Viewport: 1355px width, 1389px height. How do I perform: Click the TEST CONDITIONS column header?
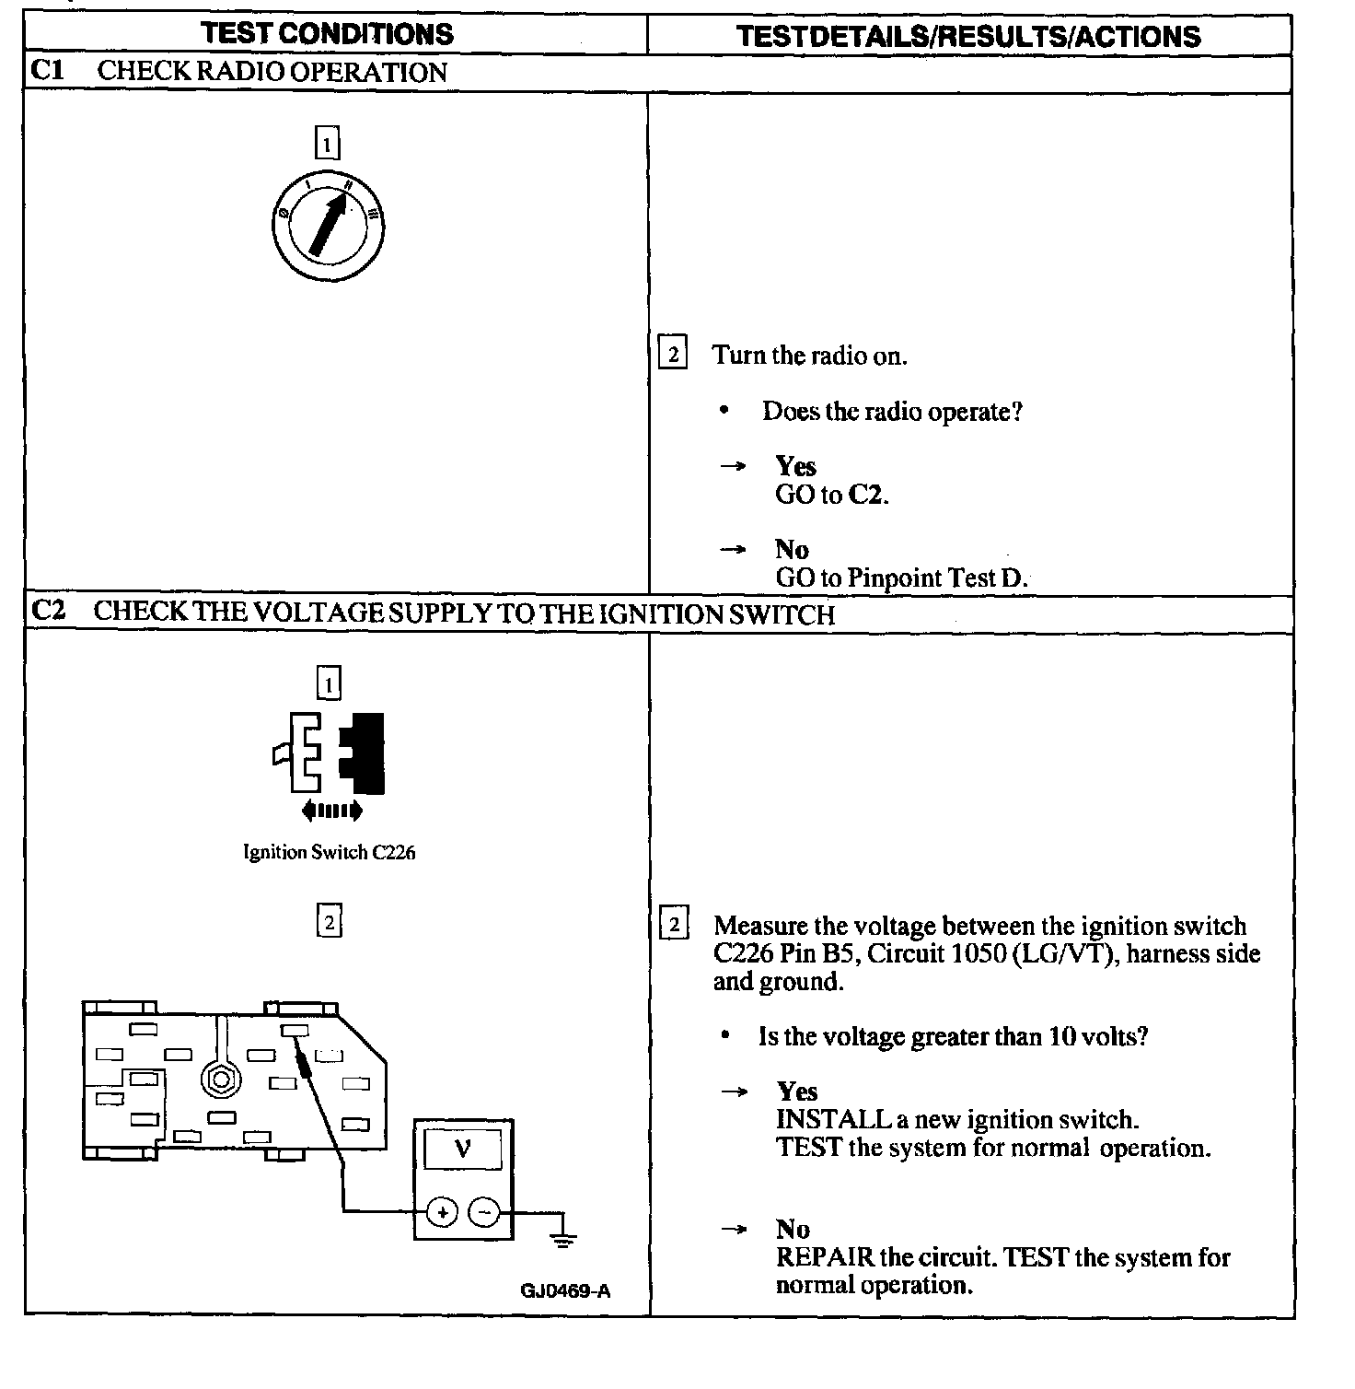click(327, 34)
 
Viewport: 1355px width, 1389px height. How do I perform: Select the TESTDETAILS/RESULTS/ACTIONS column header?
click(968, 36)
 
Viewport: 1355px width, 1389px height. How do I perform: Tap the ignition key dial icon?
click(328, 225)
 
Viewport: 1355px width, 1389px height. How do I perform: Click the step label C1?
click(48, 71)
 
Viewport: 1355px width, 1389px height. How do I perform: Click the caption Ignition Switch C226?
click(329, 852)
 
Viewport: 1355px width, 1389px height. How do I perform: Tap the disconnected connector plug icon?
click(330, 754)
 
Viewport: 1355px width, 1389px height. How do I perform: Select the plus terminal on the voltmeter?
click(443, 1212)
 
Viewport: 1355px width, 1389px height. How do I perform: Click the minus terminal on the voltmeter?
click(485, 1212)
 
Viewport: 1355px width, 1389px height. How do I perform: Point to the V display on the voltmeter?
click(463, 1149)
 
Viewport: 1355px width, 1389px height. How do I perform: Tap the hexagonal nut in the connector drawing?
click(219, 1079)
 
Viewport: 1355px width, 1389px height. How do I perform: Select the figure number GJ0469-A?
click(565, 1290)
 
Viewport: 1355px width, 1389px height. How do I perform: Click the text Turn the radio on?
click(809, 356)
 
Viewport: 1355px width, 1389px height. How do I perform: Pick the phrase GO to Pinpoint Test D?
click(901, 578)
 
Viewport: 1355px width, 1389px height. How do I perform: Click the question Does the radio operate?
click(891, 411)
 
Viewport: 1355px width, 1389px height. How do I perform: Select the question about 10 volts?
click(953, 1037)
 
